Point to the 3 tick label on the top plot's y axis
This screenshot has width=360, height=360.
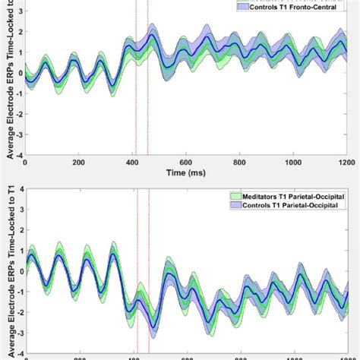click(20, 12)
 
